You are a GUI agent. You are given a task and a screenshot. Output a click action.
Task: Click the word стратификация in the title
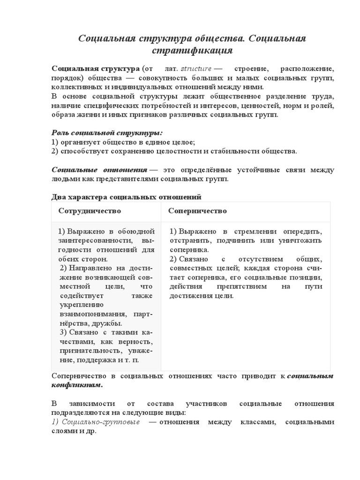coord(192,50)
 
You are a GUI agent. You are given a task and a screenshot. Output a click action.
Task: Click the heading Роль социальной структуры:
coord(107,133)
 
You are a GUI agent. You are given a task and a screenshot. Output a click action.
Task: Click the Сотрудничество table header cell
coord(90,211)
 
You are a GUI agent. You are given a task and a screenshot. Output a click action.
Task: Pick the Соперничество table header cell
coord(197,211)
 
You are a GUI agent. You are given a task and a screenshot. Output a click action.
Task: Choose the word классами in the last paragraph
coord(251,422)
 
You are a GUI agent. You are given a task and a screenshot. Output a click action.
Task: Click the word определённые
coord(198,170)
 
